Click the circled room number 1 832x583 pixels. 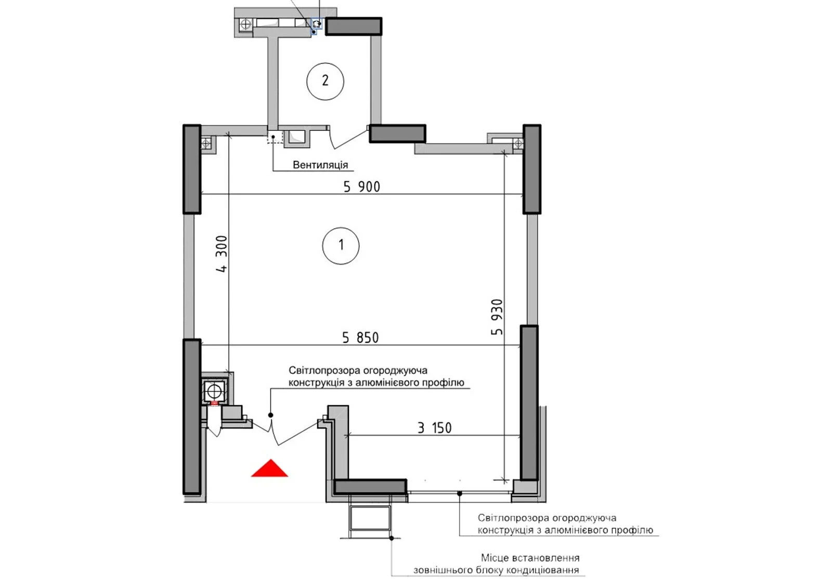(341, 246)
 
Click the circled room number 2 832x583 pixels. (325, 81)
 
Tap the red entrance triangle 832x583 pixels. (270, 468)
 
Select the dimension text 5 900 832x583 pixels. (362, 187)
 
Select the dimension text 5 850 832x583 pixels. (360, 338)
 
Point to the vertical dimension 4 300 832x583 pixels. (222, 254)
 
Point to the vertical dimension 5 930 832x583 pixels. (497, 317)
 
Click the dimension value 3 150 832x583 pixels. (435, 428)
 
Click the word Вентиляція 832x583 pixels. (320, 164)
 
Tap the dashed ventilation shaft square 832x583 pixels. (275, 137)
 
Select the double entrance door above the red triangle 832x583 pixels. (285, 432)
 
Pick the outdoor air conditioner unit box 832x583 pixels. (370, 517)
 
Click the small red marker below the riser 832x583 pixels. (214, 403)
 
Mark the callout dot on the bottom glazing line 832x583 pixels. (460, 493)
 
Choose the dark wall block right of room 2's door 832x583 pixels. (397, 133)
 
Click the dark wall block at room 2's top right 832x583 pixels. (354, 27)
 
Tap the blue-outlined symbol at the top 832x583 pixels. (317, 24)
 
